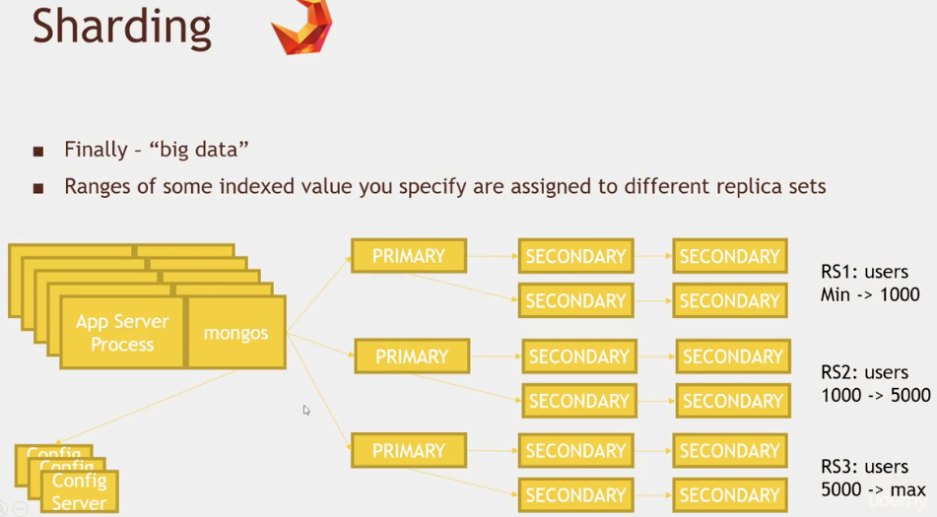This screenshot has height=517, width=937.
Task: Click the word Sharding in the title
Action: tap(121, 28)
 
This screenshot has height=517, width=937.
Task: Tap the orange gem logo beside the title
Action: tap(301, 27)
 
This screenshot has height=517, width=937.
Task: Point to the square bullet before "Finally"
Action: tap(38, 151)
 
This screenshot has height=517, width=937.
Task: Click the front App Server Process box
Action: tap(122, 333)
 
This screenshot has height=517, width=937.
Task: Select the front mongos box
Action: tap(236, 333)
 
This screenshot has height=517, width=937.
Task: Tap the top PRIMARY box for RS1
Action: tap(409, 256)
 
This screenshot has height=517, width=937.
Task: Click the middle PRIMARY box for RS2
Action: tap(412, 356)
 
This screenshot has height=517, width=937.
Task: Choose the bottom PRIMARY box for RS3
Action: tap(409, 451)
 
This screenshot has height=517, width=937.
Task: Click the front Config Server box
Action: tap(80, 491)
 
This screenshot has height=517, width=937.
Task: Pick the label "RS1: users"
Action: tap(864, 272)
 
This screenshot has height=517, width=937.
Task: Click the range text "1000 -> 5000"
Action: tap(876, 395)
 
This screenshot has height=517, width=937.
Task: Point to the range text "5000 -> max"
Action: tap(873, 489)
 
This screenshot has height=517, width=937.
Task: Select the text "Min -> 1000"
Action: tap(869, 294)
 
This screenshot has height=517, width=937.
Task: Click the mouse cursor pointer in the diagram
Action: tap(306, 410)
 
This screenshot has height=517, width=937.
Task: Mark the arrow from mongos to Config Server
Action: tap(147, 407)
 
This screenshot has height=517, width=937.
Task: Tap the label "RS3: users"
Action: tap(864, 467)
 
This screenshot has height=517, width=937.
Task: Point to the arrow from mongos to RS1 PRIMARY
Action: tap(319, 294)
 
